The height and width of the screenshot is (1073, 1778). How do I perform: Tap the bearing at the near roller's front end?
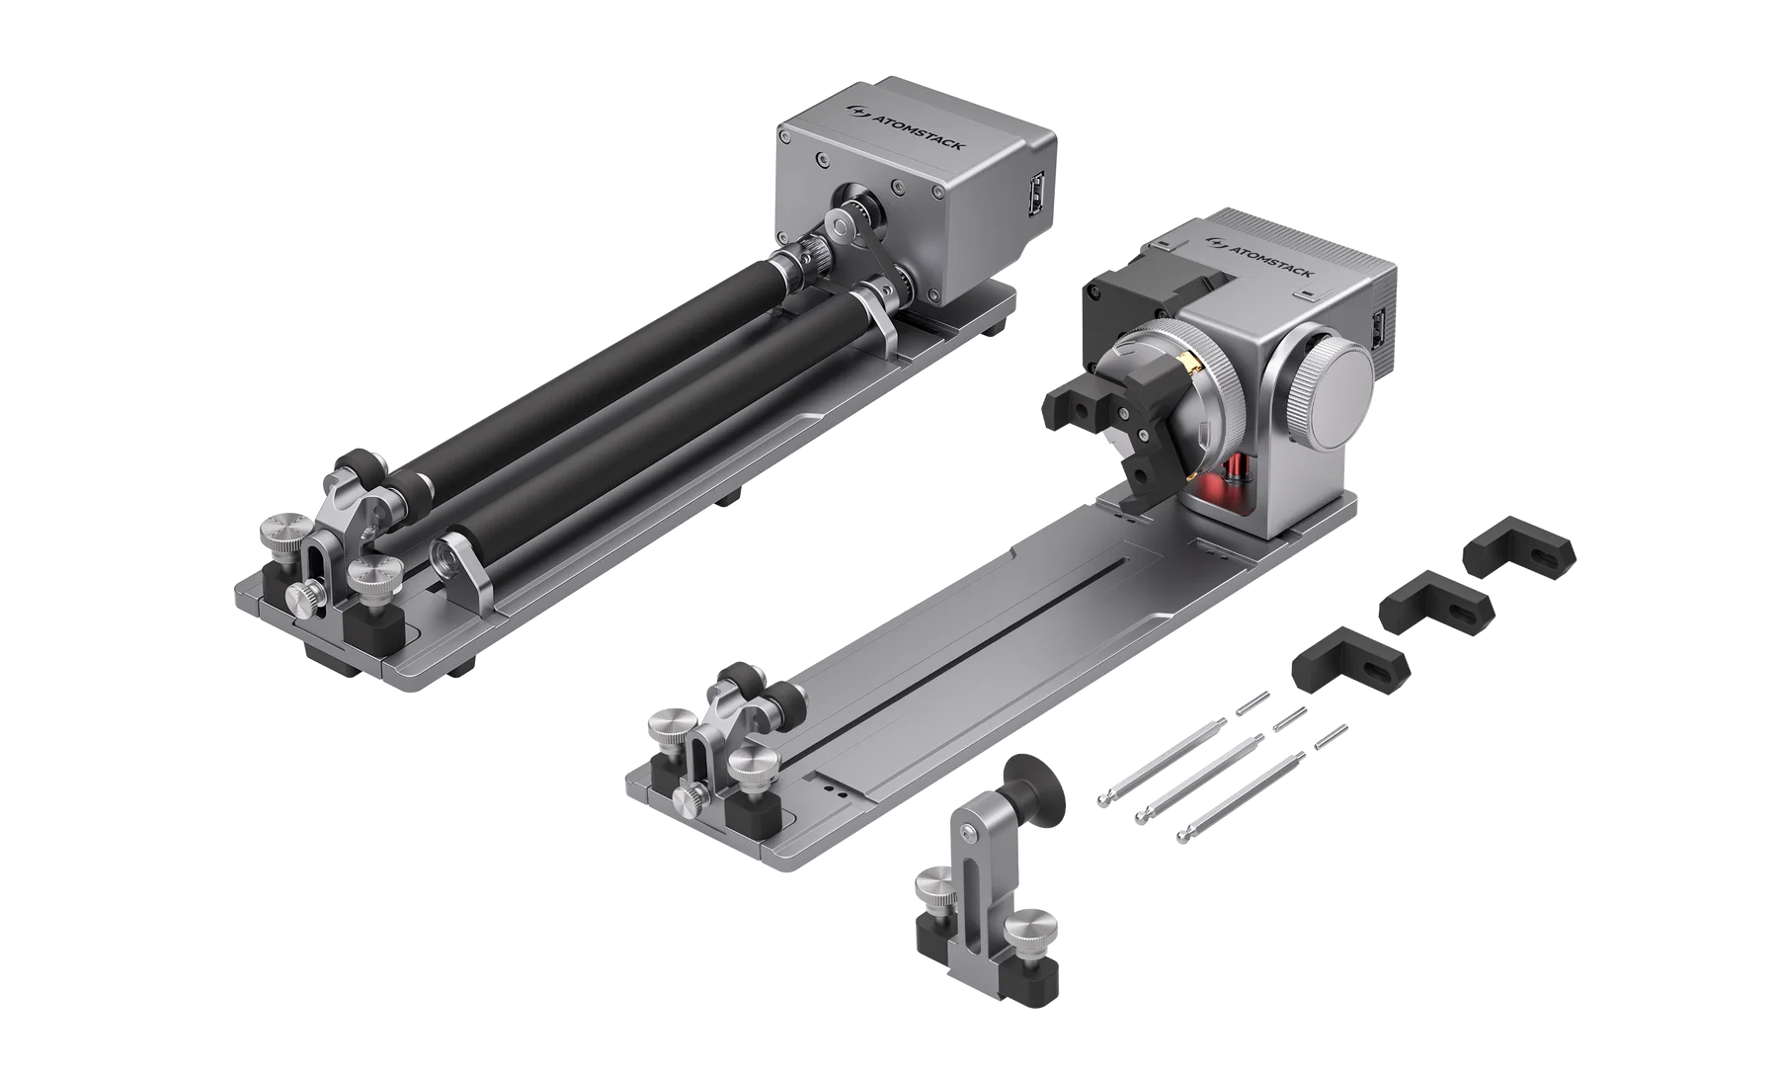pyautogui.click(x=449, y=559)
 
